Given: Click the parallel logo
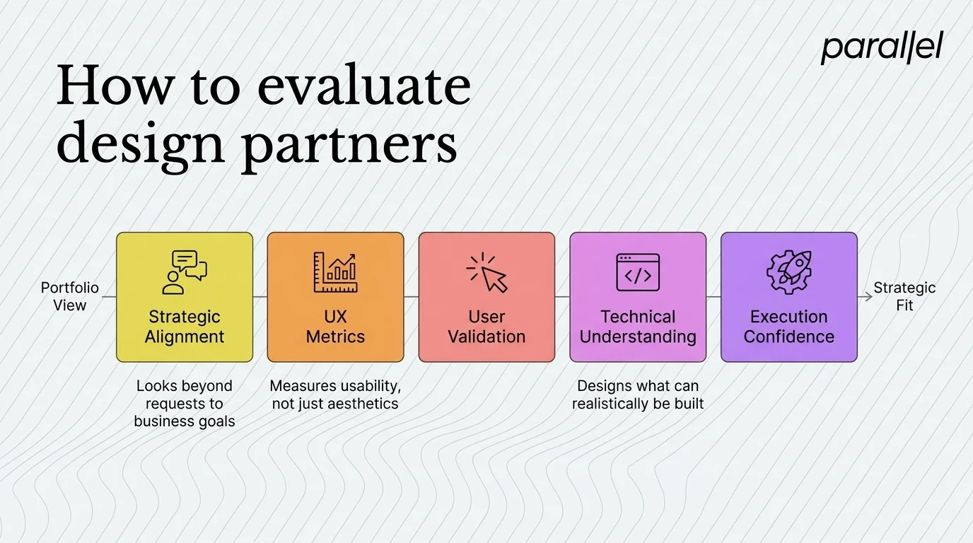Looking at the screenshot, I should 881,47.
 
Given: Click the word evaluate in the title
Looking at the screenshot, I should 363,87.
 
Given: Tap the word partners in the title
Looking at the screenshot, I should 348,144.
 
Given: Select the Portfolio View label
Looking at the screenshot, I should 69,297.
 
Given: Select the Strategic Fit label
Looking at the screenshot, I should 904,297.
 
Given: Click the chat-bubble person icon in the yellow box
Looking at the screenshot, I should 184,272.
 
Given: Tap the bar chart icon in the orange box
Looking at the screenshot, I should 335,272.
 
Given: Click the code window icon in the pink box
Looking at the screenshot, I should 638,272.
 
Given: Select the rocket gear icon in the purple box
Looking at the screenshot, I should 788,272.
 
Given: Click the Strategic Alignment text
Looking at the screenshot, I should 184,327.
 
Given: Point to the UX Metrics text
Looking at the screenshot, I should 335,327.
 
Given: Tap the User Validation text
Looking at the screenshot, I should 486,327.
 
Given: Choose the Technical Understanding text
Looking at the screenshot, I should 638,327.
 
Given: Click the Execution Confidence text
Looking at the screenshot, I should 788,327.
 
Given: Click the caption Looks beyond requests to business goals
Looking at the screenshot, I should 184,404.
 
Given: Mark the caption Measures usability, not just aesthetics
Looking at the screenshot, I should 335,395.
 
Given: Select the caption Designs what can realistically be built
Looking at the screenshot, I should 638,395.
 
